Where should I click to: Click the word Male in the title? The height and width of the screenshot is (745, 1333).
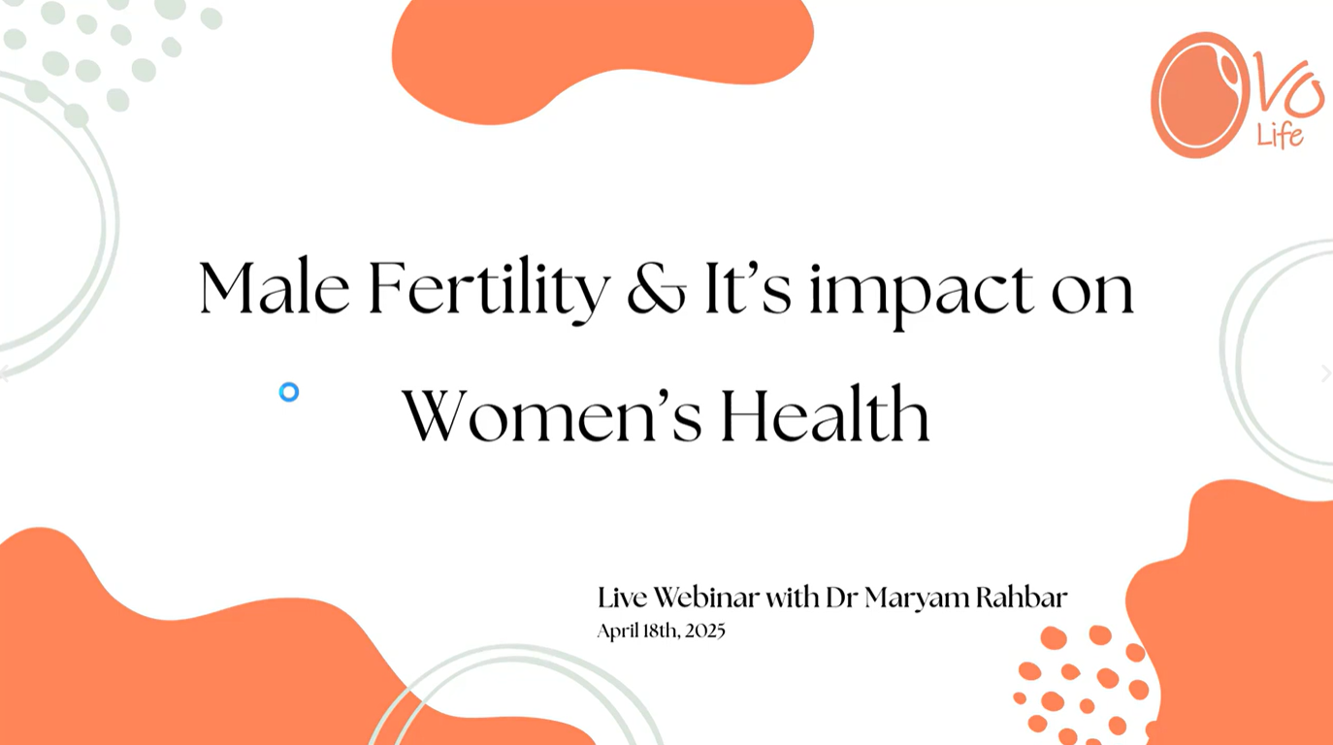click(274, 287)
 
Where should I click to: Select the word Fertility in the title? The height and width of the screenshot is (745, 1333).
click(489, 290)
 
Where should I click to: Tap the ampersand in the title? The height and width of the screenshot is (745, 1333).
click(657, 288)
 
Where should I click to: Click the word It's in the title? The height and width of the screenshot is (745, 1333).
click(748, 288)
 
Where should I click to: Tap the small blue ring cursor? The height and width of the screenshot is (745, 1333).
click(289, 392)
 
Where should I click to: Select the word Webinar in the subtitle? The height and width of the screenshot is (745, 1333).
click(706, 598)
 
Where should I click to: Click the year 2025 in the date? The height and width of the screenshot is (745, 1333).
click(704, 631)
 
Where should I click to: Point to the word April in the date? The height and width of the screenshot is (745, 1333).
click(617, 632)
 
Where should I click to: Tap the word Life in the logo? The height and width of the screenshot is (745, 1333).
click(1280, 136)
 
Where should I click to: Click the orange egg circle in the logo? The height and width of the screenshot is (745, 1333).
click(1199, 95)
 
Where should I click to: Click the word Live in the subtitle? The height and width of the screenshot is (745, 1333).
click(623, 598)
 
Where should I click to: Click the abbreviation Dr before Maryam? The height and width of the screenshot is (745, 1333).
click(841, 598)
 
